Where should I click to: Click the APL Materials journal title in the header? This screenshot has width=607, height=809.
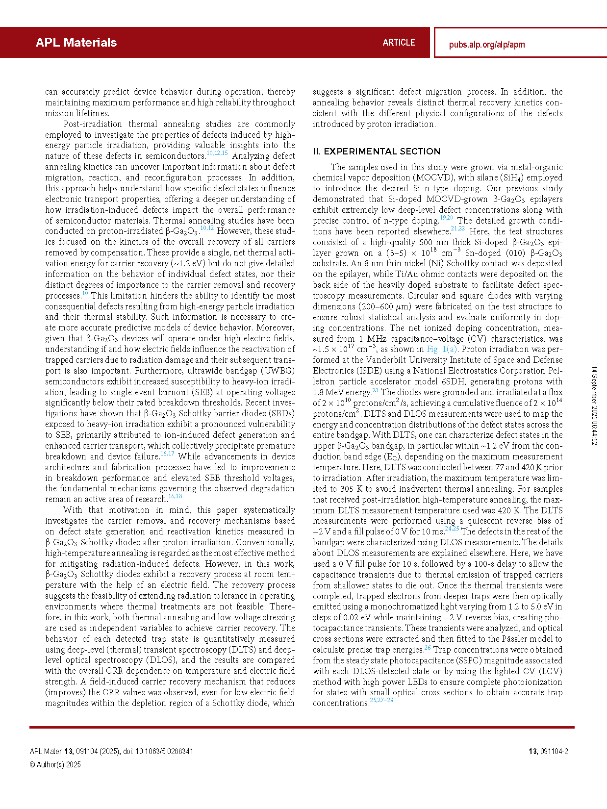coord(76,43)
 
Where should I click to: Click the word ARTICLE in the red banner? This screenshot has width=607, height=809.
coord(399,43)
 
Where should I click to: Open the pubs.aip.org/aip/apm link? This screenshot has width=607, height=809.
coord(486,45)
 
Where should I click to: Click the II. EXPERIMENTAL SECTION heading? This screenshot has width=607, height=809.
coord(377,152)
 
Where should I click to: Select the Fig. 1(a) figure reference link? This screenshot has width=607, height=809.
coord(442,350)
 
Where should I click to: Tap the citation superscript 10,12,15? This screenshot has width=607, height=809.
coord(217,153)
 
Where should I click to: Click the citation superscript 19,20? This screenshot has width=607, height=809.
coord(446,218)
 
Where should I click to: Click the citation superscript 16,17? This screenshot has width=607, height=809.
coord(167,454)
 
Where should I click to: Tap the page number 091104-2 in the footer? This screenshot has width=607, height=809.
coord(554,752)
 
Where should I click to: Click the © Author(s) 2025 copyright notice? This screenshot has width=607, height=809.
coord(55,765)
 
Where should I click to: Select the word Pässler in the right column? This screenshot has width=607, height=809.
coord(514,639)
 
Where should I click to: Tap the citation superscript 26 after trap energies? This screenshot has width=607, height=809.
coord(427,648)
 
